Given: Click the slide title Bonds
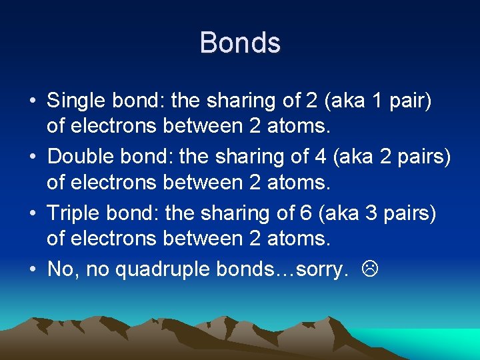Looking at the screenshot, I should [240, 43].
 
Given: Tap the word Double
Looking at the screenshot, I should [76, 157].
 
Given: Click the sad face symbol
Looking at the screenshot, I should [368, 269].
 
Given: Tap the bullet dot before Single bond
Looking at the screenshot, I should [32, 102].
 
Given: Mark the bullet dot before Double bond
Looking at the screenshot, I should [32, 158].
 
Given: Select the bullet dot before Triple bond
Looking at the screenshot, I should [32, 214].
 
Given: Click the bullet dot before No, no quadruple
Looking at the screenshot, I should [32, 270].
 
